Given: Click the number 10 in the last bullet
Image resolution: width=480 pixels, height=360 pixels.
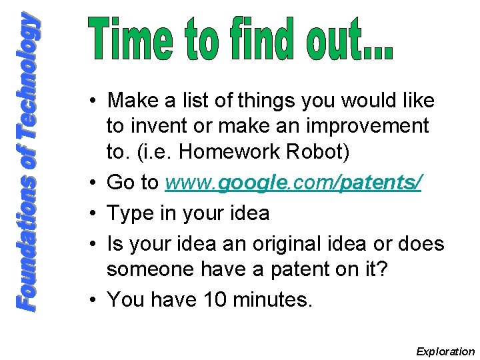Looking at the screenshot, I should tap(219, 299).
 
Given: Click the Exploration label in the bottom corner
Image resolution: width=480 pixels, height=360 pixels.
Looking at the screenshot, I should tap(445, 351).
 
